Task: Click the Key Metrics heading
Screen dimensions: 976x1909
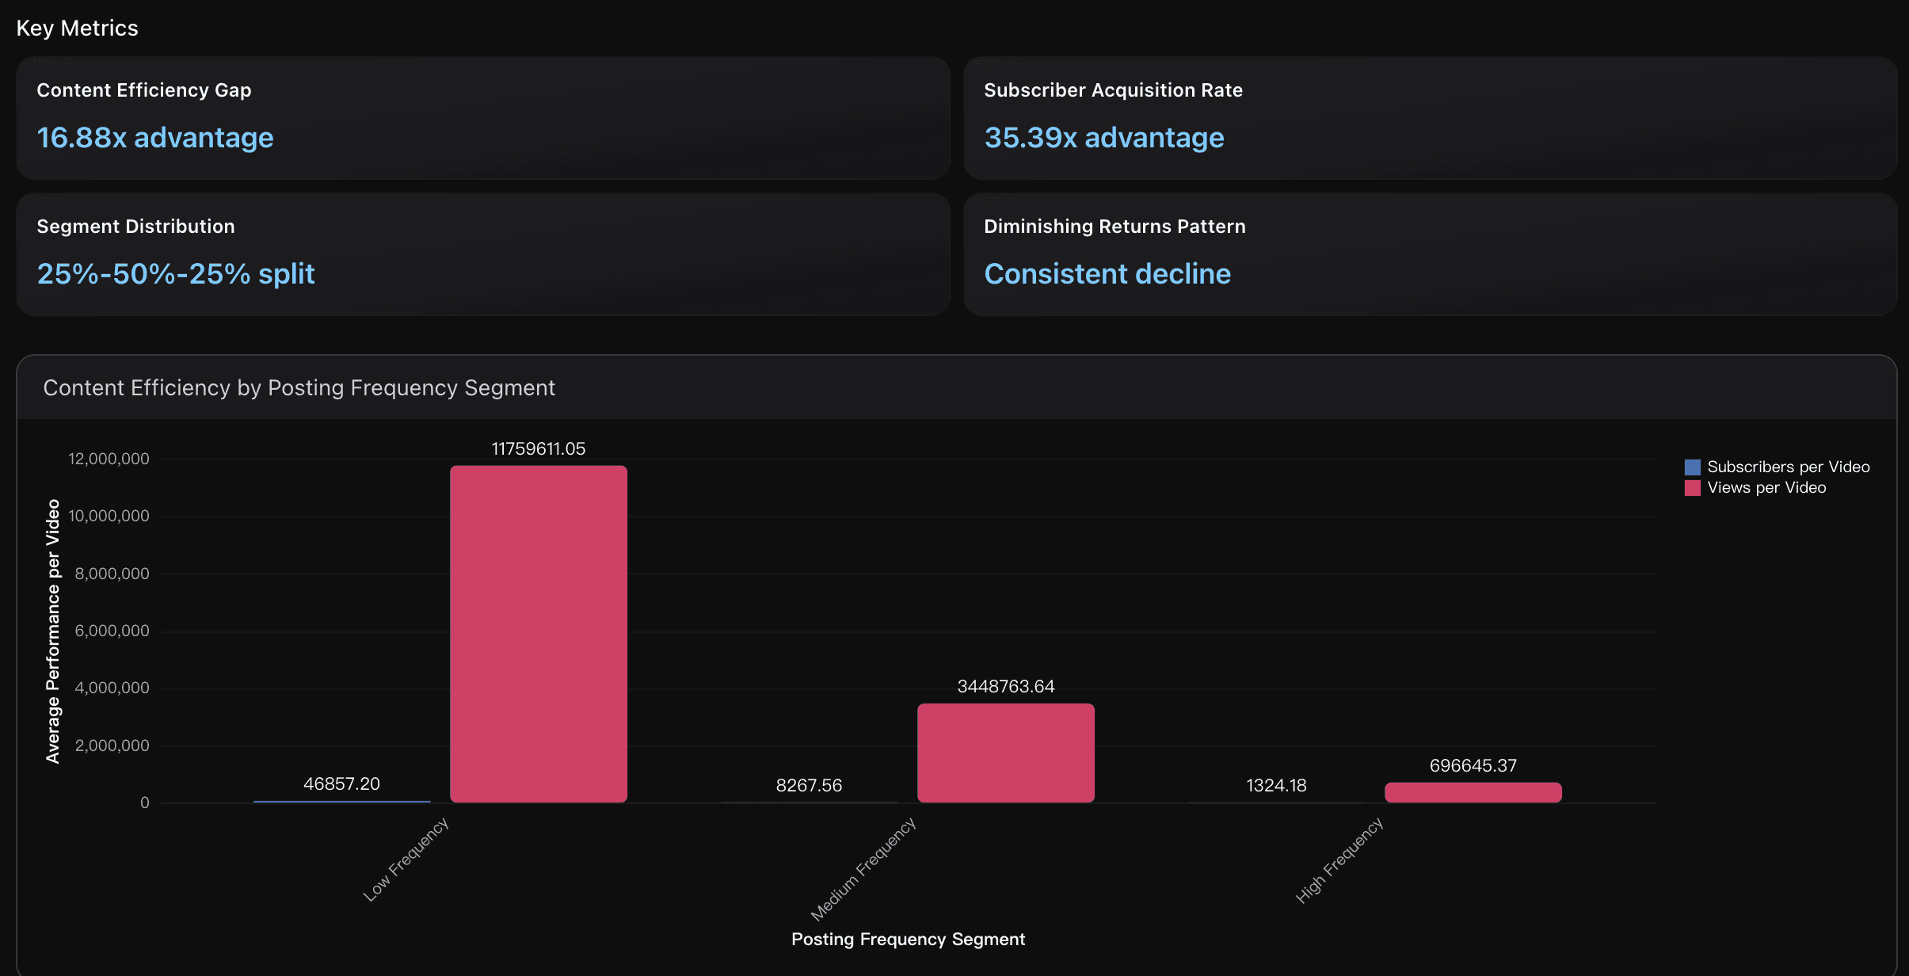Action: [77, 29]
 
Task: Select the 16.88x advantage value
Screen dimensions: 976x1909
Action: [155, 138]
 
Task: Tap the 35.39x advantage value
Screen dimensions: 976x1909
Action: [1103, 138]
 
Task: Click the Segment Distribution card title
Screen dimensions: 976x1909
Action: [135, 227]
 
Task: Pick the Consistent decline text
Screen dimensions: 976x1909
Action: [1107, 274]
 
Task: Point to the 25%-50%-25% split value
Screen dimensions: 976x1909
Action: [176, 274]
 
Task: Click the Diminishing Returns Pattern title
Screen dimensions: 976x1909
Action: [1114, 227]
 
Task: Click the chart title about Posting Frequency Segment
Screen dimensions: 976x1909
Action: [299, 388]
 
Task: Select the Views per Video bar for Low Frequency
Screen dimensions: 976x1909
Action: [539, 634]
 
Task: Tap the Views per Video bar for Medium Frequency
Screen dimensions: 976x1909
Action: [1005, 753]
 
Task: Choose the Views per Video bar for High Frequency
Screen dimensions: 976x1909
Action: [1473, 792]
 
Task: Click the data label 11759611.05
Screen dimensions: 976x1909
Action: [538, 449]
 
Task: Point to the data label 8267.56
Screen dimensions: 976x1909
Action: [809, 786]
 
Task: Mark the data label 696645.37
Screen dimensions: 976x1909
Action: [1473, 766]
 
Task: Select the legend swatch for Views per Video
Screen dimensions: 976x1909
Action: [1692, 488]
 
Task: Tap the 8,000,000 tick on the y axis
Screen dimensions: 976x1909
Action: [112, 574]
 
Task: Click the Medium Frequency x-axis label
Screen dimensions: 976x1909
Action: [863, 869]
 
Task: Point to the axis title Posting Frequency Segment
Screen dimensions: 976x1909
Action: [908, 940]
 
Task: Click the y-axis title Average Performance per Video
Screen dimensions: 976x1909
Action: [53, 631]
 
